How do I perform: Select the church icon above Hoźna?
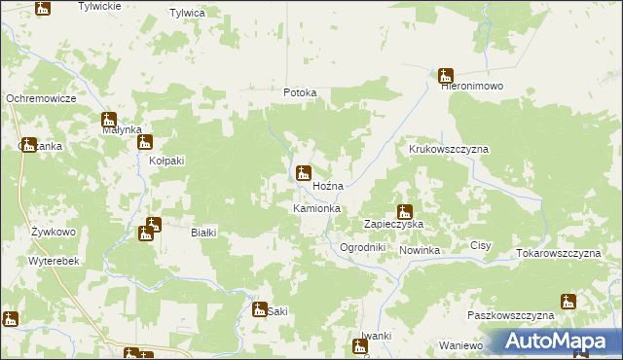tap(304, 173)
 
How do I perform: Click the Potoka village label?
tap(300, 93)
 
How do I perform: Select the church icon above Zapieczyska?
tap(405, 211)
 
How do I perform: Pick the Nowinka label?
tap(420, 251)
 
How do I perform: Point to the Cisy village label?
tap(481, 247)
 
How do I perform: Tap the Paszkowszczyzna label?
tap(510, 316)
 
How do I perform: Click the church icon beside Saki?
tap(259, 309)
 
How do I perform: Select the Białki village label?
tap(203, 233)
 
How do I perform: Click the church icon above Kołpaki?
tap(145, 142)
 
